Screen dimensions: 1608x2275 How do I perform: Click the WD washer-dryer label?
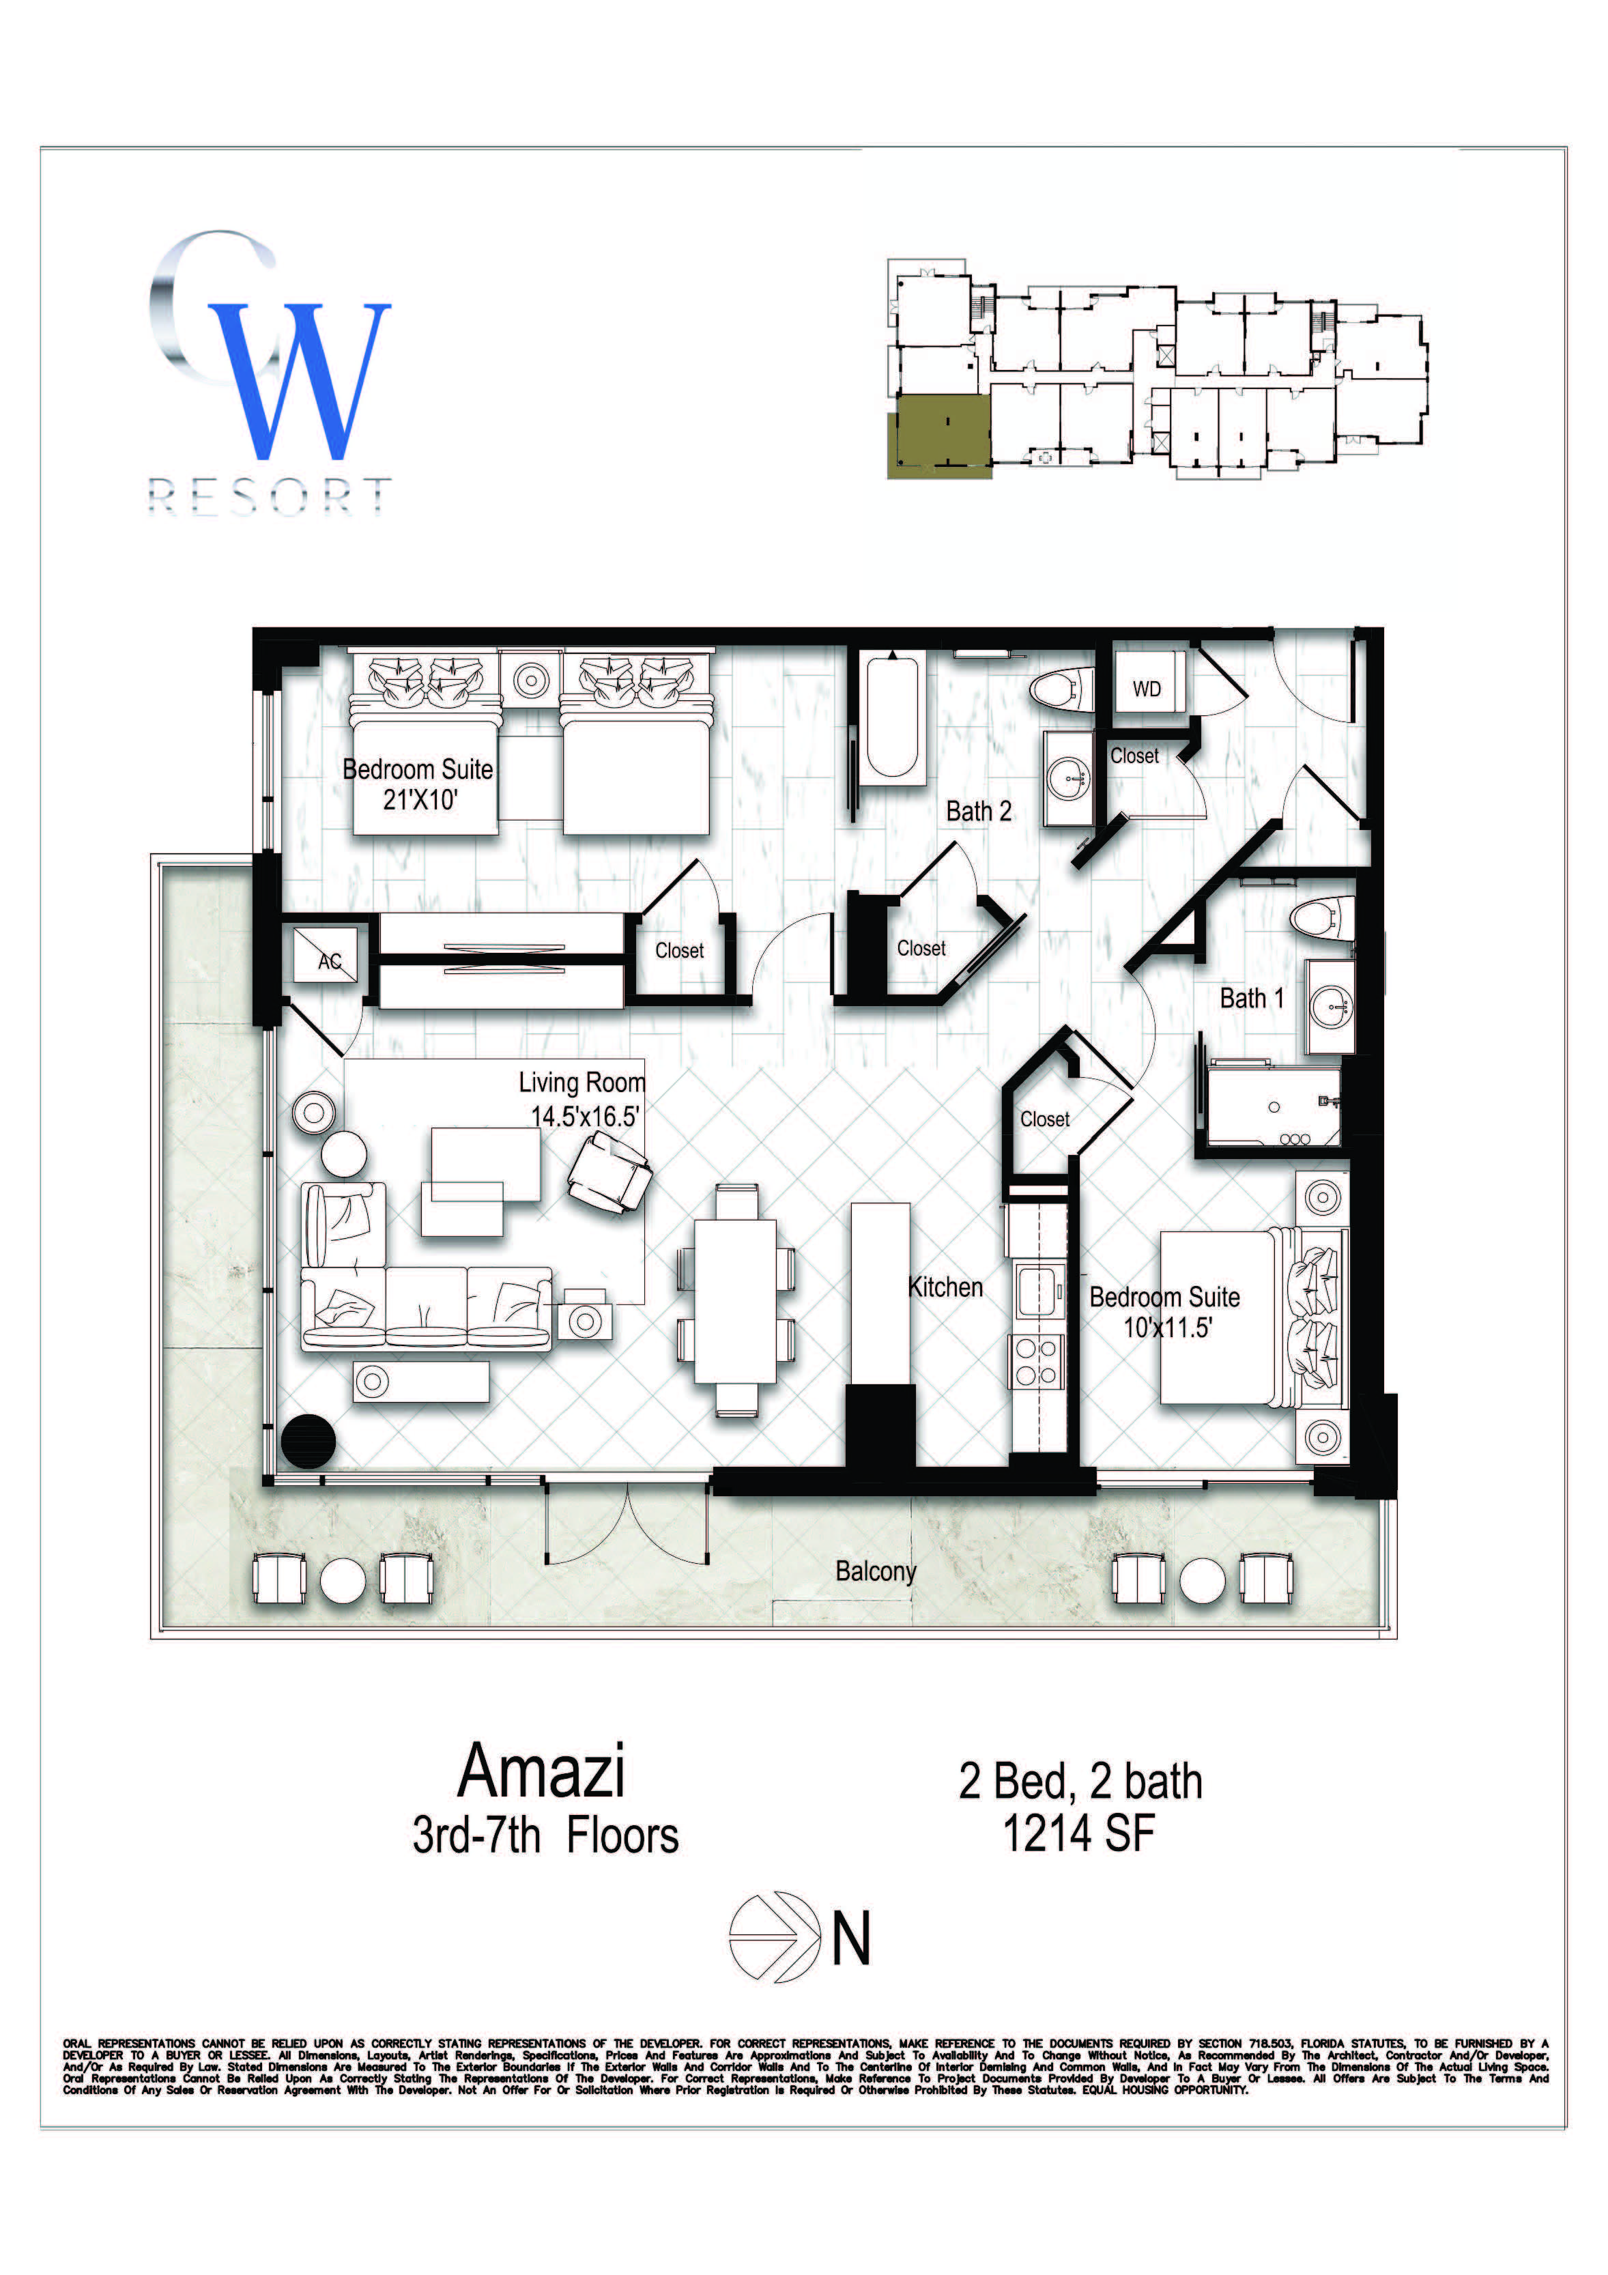[1147, 689]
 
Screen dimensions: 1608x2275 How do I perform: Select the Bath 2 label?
[979, 812]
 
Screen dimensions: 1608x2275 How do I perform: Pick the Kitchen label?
[945, 1287]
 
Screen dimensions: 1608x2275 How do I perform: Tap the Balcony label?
[876, 1571]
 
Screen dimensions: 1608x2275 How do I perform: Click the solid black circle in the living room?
[308, 1441]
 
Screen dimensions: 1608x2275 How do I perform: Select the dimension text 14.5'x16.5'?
[584, 1117]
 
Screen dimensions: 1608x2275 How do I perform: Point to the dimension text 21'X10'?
[420, 799]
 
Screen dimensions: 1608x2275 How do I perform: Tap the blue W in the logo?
[299, 382]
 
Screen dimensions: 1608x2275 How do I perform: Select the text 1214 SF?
[1079, 1833]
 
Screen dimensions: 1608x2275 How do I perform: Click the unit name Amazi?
[541, 1771]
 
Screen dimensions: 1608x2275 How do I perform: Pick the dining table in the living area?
[735, 1301]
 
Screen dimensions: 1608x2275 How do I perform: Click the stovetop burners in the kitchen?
[1036, 1362]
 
